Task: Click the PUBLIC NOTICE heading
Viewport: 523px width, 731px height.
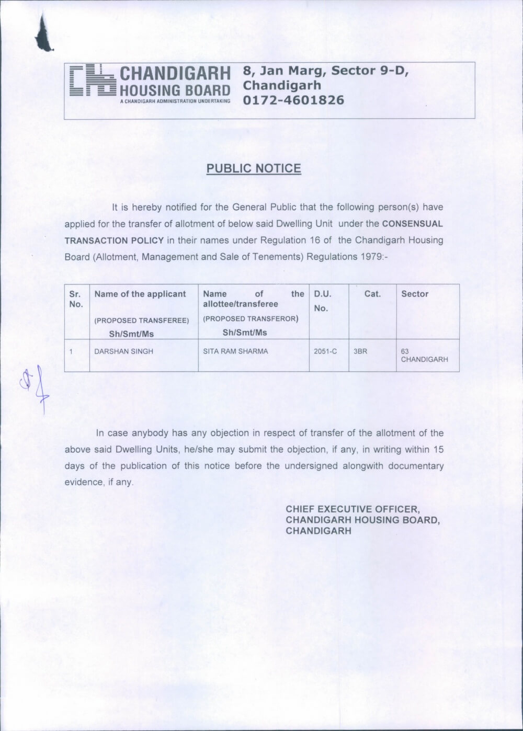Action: click(x=254, y=168)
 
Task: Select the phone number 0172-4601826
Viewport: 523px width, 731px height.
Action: click(x=294, y=99)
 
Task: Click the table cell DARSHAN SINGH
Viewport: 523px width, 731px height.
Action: click(x=123, y=351)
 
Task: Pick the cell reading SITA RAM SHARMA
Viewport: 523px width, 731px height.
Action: click(x=235, y=351)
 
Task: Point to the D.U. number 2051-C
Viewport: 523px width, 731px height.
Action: click(x=325, y=351)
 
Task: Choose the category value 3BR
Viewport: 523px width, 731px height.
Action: click(x=360, y=351)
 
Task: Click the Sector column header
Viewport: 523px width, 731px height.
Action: click(x=415, y=294)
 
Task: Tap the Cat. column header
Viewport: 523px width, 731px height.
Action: click(x=372, y=294)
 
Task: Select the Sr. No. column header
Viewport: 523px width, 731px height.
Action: click(x=76, y=299)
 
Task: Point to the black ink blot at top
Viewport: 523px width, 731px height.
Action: click(x=44, y=36)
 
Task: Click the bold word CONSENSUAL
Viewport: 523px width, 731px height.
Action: click(x=413, y=224)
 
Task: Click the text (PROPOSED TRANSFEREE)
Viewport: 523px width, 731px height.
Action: click(x=141, y=321)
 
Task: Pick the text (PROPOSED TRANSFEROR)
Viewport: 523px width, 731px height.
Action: click(x=251, y=319)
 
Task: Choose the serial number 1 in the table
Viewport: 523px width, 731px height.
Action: click(x=71, y=351)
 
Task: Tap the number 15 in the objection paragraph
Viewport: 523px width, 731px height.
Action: click(x=438, y=449)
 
